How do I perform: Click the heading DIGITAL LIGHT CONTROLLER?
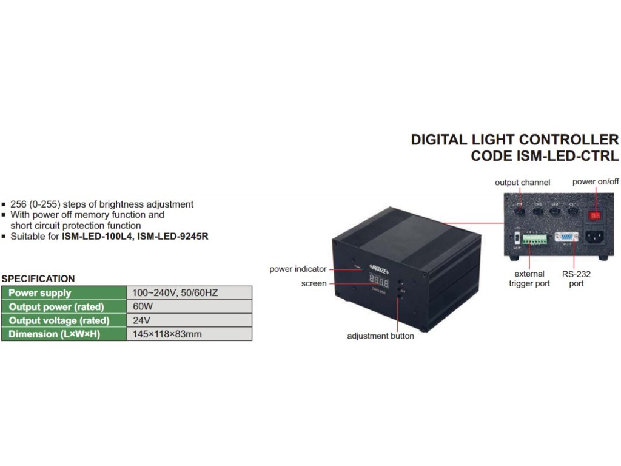514,140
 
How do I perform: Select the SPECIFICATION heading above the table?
38,279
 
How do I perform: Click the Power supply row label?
40,293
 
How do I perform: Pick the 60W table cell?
143,306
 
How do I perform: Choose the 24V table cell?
141,320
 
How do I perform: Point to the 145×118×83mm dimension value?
167,334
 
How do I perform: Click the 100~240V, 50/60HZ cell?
175,293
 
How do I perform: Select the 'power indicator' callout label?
298,269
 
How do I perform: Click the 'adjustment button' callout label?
380,336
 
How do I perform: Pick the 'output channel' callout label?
522,183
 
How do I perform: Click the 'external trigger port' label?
529,279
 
